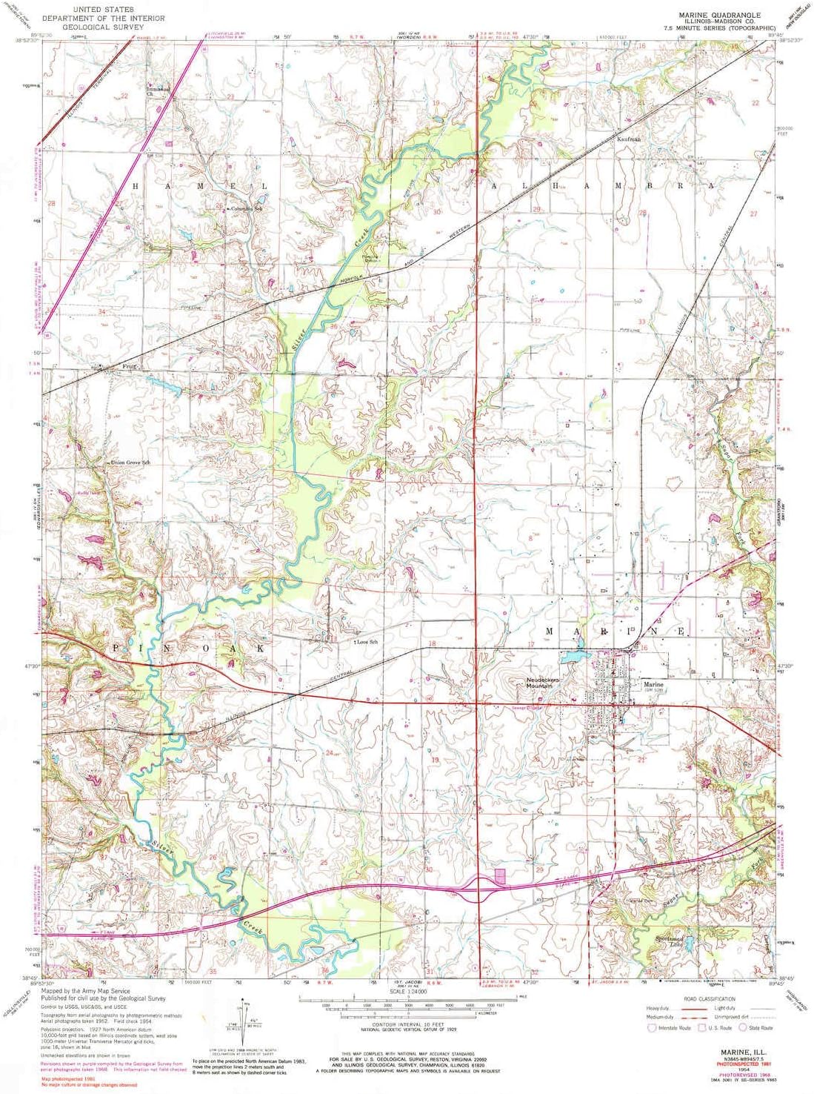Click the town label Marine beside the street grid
pyautogui.click(x=653, y=684)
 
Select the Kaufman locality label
pyautogui.click(x=628, y=139)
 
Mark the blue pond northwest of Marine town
pyautogui.click(x=572, y=657)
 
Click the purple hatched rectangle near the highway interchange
pyautogui.click(x=499, y=876)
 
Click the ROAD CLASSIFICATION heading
pyautogui.click(x=710, y=999)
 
